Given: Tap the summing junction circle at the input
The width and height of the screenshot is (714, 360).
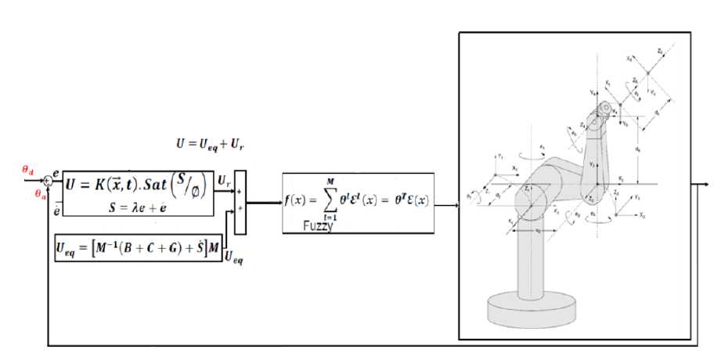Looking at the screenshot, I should tap(48, 180).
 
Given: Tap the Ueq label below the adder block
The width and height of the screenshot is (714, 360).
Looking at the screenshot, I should tap(233, 257).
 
